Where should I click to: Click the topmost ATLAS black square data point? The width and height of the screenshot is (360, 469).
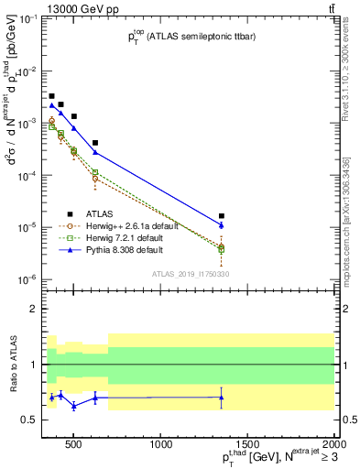pos(52,96)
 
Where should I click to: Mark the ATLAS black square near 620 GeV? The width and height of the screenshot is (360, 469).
pos(95,143)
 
